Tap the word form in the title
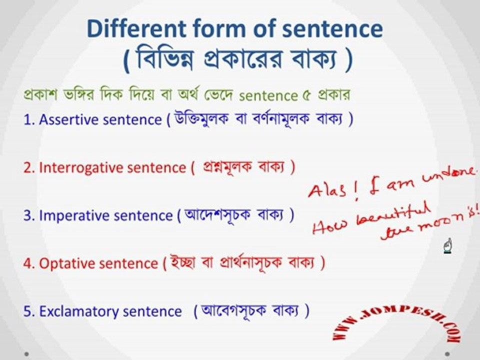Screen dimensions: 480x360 coord(219,28)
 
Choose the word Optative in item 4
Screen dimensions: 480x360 coord(67,263)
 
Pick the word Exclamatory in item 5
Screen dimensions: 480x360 coord(79,311)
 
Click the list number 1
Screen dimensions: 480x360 coord(28,119)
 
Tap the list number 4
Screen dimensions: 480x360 coord(28,264)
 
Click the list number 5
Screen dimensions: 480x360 coord(28,311)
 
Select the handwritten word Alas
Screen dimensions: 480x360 coord(327,190)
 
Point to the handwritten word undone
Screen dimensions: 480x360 coord(448,174)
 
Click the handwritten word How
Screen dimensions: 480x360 coord(329,226)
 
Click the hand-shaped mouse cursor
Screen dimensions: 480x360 coord(448,246)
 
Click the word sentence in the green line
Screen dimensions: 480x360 coord(268,96)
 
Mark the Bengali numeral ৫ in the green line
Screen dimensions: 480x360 coord(306,96)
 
